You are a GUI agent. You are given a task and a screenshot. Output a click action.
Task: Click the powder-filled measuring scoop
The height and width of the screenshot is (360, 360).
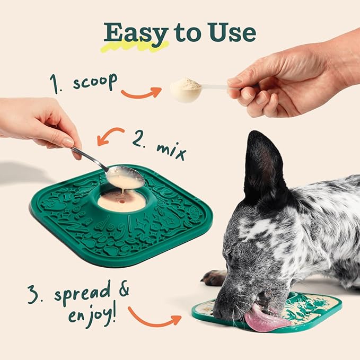[186, 90]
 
